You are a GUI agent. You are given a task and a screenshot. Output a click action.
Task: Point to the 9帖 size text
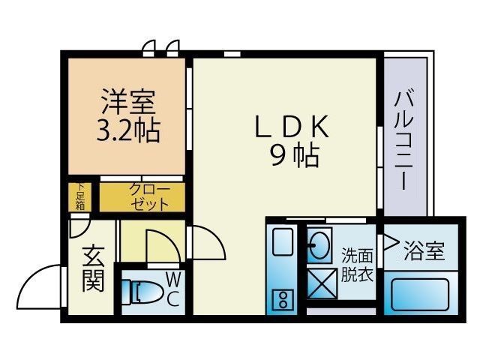click(295, 155)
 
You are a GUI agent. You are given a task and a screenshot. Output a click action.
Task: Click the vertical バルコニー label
click(405, 139)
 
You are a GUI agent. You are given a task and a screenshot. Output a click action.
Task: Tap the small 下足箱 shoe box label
click(79, 196)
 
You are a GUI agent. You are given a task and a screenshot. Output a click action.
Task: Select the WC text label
click(172, 290)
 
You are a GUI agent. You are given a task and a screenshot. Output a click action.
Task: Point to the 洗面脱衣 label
click(357, 264)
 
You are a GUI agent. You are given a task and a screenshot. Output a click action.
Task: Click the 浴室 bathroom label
click(424, 250)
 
